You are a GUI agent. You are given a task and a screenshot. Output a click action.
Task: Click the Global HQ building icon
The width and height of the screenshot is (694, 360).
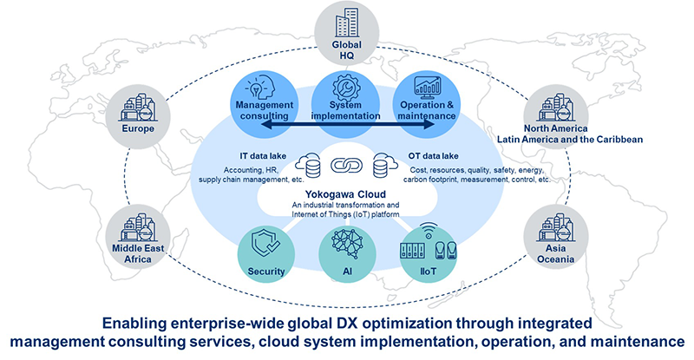click(x=347, y=21)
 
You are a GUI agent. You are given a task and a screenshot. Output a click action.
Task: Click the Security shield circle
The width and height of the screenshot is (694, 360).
click(x=266, y=252)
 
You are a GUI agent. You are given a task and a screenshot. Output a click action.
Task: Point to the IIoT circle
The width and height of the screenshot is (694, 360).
click(x=427, y=252)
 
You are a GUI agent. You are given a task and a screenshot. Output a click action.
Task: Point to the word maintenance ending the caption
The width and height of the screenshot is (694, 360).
click(x=635, y=341)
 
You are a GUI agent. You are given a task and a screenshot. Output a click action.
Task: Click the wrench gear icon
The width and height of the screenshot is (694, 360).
click(x=347, y=85)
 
